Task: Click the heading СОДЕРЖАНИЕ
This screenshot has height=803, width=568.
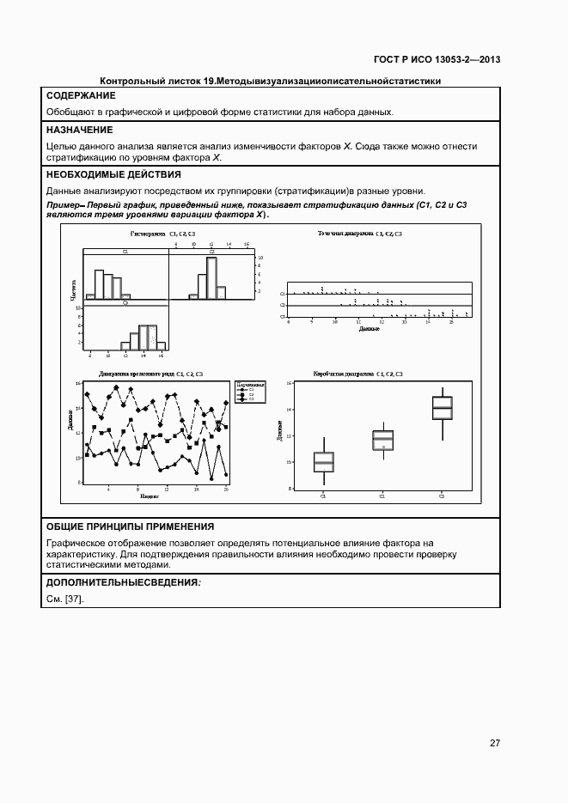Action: click(81, 96)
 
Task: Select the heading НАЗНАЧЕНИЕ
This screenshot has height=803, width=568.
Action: click(79, 130)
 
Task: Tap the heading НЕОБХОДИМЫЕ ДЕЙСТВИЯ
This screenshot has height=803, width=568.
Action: click(113, 174)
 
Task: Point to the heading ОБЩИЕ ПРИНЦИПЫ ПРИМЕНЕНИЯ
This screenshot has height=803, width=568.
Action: click(130, 526)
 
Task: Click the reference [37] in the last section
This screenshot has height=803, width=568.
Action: click(74, 599)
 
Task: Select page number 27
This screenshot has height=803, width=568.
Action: click(495, 743)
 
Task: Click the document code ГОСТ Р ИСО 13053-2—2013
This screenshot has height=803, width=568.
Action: click(437, 59)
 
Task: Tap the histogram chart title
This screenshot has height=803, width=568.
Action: click(162, 234)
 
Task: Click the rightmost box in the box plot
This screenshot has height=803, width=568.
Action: click(442, 408)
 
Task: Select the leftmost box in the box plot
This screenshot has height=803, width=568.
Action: click(324, 462)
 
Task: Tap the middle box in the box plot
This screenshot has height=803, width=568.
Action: click(382, 440)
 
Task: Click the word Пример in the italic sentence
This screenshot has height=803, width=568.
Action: click(60, 205)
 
